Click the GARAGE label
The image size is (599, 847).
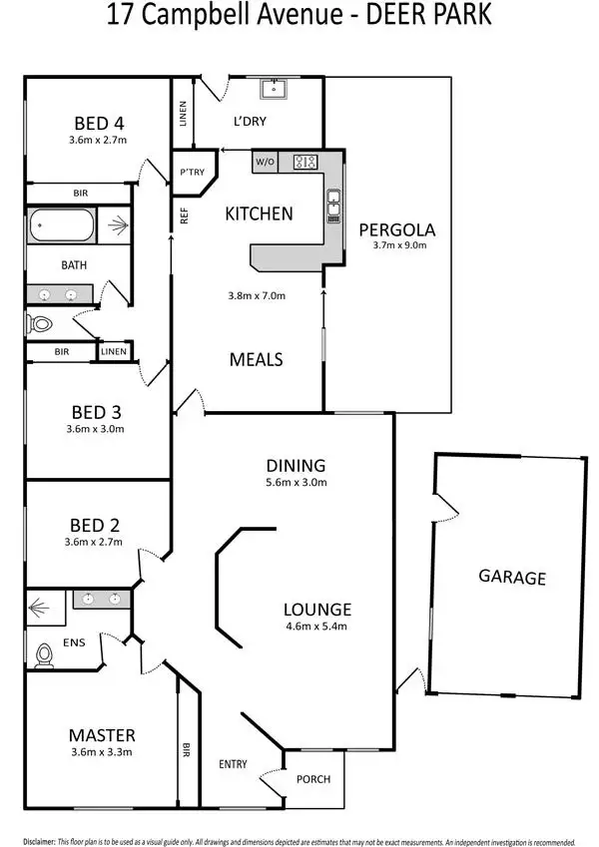[x=512, y=577]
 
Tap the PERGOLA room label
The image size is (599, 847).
[x=397, y=229]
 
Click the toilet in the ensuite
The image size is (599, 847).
[x=44, y=654]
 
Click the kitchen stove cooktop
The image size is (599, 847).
[x=303, y=162]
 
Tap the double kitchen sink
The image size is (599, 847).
[x=332, y=205]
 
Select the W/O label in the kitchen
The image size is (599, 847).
[x=265, y=162]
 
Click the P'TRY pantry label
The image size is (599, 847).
[x=191, y=172]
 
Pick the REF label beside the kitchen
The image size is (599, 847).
[x=185, y=214]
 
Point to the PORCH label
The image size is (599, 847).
[x=313, y=779]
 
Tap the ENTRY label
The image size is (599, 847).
[x=233, y=764]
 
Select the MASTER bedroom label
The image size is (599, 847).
[x=102, y=734]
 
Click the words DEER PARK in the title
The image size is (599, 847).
[x=430, y=17]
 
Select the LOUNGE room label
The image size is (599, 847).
[x=316, y=610]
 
